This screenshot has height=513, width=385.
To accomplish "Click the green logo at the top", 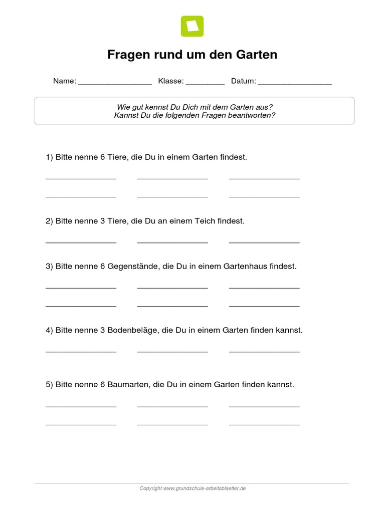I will pyautogui.click(x=192, y=26).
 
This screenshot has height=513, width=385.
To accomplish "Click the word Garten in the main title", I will pyautogui.click(x=256, y=55).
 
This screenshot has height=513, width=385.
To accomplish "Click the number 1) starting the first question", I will pyautogui.click(x=49, y=157).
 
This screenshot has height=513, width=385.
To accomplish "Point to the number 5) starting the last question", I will pyautogui.click(x=49, y=385).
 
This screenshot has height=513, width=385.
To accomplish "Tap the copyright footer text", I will pyautogui.click(x=192, y=488).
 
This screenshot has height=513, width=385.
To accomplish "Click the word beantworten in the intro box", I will pyautogui.click(x=248, y=115).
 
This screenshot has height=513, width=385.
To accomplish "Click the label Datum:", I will pyautogui.click(x=244, y=81).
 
